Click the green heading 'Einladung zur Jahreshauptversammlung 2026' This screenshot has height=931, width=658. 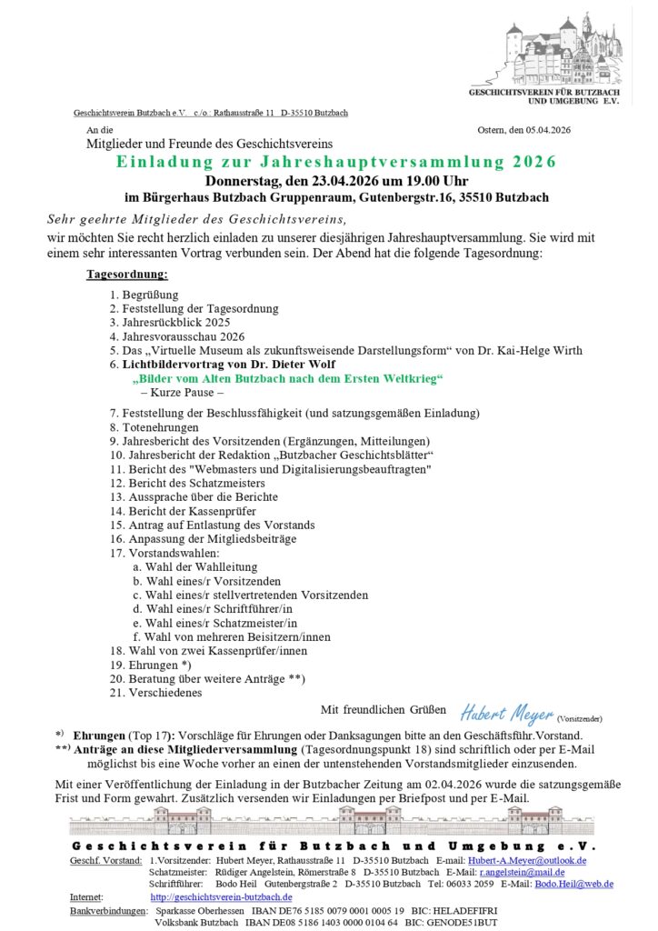pyautogui.click(x=335, y=162)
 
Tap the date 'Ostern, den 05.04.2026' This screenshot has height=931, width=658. pyautogui.click(x=523, y=131)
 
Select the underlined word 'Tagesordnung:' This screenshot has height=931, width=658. pyautogui.click(x=127, y=274)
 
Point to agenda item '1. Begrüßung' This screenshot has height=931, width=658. pyautogui.click(x=145, y=295)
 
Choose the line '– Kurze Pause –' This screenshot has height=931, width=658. pyautogui.click(x=183, y=393)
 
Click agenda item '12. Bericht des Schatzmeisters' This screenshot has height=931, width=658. pyautogui.click(x=187, y=483)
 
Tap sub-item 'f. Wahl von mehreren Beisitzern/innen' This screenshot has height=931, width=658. pyautogui.click(x=232, y=636)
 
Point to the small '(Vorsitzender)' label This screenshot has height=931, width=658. pyautogui.click(x=580, y=718)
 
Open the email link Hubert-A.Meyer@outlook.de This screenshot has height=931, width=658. pyautogui.click(x=527, y=860)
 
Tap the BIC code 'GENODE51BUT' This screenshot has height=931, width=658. pyautogui.click(x=467, y=922)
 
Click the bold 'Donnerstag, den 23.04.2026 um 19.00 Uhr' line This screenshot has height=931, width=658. pyautogui.click(x=334, y=180)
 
